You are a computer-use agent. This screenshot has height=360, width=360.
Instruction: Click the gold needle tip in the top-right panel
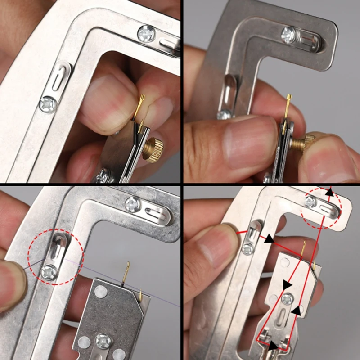coord(288,98)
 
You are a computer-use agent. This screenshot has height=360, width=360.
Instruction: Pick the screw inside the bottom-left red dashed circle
coord(48,271)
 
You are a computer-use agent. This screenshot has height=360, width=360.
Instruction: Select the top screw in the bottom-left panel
coord(133,205)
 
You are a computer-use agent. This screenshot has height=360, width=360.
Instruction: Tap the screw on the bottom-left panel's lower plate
coord(103,341)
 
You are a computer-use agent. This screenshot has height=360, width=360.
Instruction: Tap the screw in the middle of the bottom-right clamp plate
coord(287,298)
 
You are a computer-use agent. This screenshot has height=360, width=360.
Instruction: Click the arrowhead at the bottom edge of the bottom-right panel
coord(272,347)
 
